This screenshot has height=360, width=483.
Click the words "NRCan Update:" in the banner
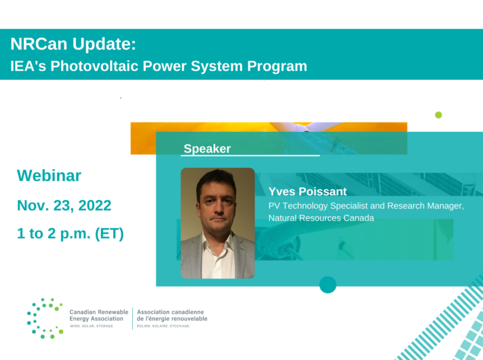point(73,44)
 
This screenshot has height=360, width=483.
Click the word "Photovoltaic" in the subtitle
point(105,66)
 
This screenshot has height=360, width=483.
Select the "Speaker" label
point(207,149)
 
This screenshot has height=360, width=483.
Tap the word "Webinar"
point(49,175)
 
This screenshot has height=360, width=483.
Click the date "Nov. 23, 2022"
point(64,205)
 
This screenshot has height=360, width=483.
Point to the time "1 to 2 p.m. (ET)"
point(70,234)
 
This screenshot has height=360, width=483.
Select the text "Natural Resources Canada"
point(321,218)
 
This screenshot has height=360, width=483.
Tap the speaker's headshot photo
point(218,223)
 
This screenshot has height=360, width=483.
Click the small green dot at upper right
point(438,115)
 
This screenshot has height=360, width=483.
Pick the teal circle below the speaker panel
point(328,285)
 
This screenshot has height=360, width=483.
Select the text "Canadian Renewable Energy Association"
point(98,315)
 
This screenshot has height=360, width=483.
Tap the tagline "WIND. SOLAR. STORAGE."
point(91,326)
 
